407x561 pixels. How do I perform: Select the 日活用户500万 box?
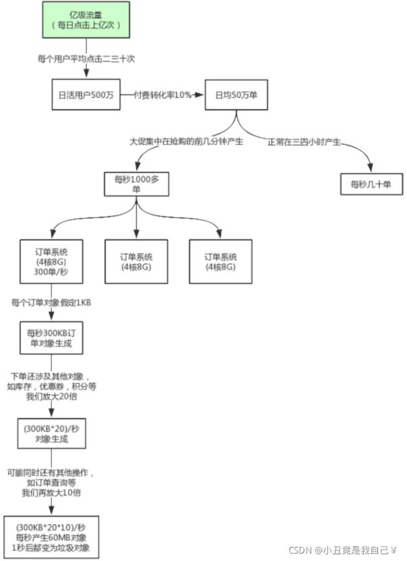[x=86, y=95]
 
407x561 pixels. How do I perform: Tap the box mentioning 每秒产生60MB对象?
[x=51, y=537]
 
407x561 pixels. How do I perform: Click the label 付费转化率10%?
[x=162, y=95]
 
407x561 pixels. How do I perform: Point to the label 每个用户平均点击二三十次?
[x=86, y=59]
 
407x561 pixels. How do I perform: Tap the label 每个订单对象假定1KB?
[x=51, y=303]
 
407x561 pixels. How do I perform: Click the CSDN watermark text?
[x=342, y=550]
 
